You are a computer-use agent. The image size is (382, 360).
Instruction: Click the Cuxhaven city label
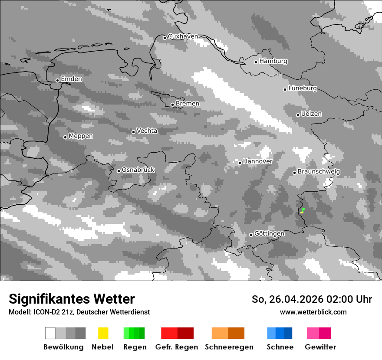(183, 36)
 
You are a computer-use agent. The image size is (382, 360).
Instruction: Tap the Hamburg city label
(273, 61)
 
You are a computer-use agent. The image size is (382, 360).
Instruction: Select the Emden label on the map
(71, 79)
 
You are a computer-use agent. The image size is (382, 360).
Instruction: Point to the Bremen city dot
(172, 105)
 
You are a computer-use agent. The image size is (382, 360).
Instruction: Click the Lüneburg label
(303, 88)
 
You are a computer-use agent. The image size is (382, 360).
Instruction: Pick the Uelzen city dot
(298, 115)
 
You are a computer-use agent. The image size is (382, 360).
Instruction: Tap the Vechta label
(147, 131)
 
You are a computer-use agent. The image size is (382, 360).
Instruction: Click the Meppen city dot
(65, 137)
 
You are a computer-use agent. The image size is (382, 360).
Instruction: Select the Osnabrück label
(138, 170)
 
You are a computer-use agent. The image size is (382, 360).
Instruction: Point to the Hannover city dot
(240, 163)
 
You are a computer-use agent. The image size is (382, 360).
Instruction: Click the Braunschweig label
(319, 172)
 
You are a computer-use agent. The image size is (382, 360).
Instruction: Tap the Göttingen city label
(269, 234)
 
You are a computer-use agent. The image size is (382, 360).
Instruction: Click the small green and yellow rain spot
(302, 211)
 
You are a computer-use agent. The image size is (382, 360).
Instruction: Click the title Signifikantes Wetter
(72, 299)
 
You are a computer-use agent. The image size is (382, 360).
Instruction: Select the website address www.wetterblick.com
(313, 312)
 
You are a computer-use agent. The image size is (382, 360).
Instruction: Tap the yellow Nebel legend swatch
(103, 333)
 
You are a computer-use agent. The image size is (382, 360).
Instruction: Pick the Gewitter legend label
(320, 347)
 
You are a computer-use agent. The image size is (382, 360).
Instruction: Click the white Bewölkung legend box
(50, 333)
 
